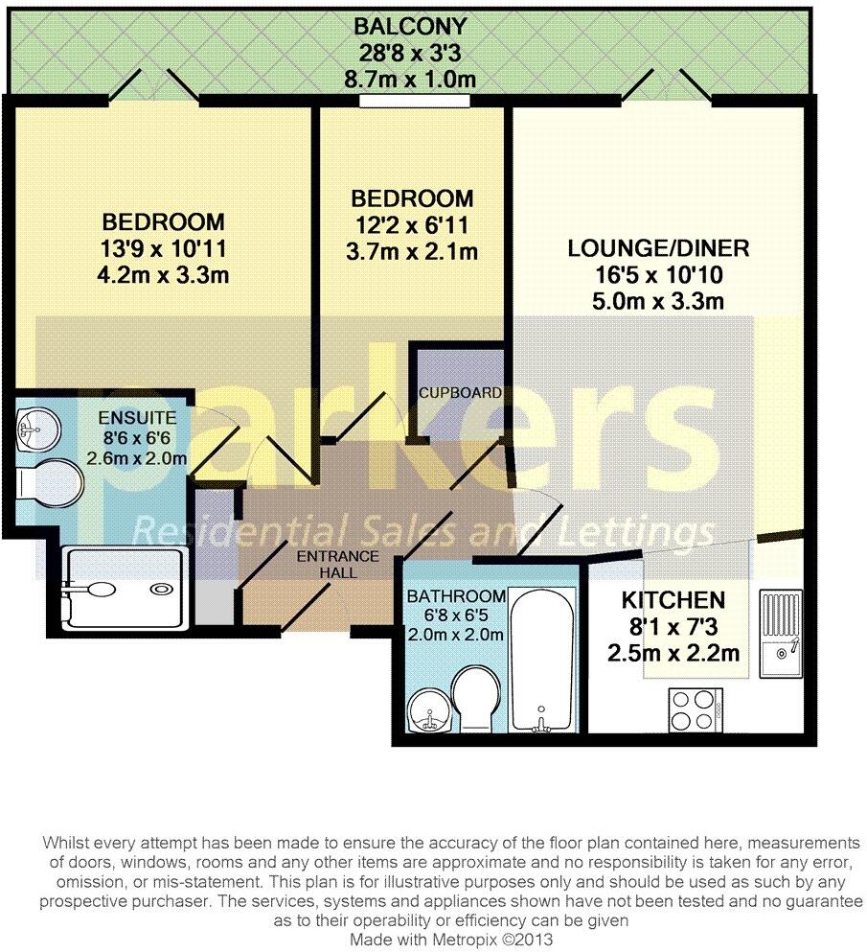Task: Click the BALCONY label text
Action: (411, 26)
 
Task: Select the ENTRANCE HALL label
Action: (338, 565)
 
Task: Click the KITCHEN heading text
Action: (673, 601)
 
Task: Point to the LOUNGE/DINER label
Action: (657, 249)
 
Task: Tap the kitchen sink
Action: (783, 637)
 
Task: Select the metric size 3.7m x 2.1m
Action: (411, 252)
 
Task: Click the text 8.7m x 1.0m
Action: (411, 79)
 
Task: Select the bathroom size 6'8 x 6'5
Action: (442, 615)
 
